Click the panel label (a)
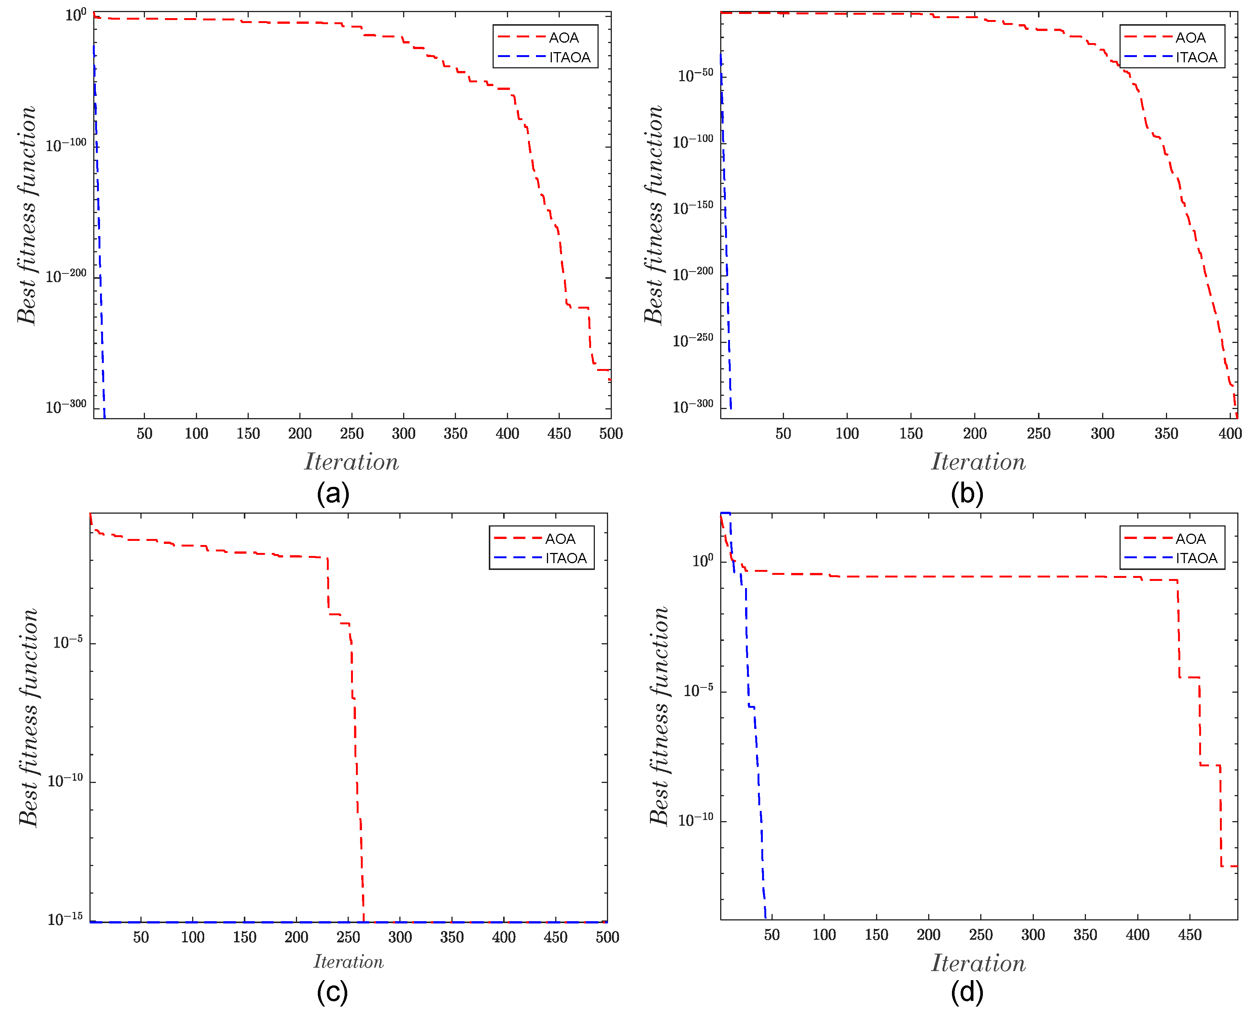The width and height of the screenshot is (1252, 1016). tap(333, 493)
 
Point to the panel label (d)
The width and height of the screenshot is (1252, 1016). tap(967, 992)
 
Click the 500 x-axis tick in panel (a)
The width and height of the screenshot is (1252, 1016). tap(610, 434)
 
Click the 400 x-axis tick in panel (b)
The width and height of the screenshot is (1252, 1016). tap(1230, 434)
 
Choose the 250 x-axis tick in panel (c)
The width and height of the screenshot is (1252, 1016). tap(348, 937)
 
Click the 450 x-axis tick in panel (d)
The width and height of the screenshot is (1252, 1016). tap(1189, 935)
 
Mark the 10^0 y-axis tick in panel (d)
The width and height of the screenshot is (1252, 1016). tap(702, 560)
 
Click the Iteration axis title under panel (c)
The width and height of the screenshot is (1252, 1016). tap(348, 962)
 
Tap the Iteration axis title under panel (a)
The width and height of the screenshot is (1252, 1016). tap(351, 462)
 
